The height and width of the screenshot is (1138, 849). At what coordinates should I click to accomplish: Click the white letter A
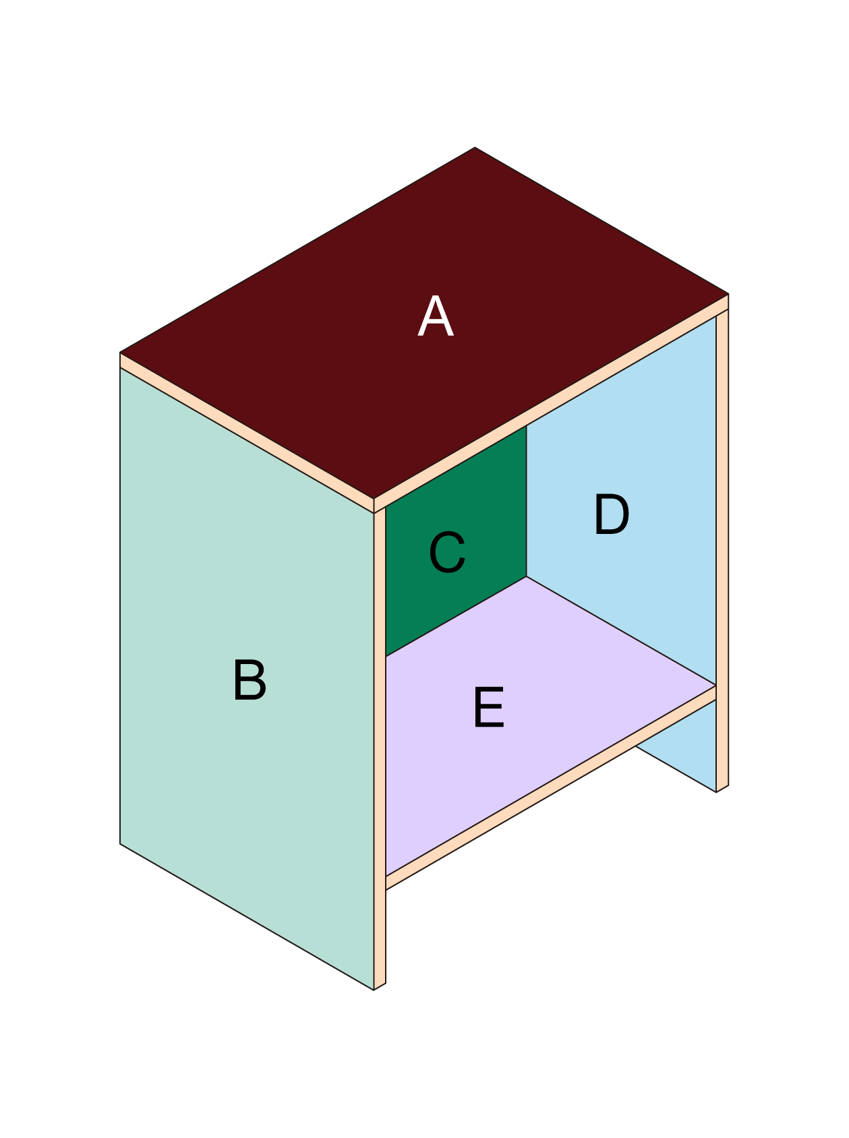(x=435, y=316)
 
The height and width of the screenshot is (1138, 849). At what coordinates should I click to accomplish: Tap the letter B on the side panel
(x=250, y=680)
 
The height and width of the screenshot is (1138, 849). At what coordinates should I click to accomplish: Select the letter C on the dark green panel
(x=447, y=553)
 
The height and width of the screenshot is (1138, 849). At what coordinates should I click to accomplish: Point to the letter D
(x=611, y=514)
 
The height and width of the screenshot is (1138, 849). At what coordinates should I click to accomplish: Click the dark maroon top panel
(x=424, y=323)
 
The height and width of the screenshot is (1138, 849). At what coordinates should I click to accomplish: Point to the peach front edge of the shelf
(x=551, y=787)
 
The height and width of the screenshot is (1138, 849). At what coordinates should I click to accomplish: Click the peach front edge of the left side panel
(x=380, y=749)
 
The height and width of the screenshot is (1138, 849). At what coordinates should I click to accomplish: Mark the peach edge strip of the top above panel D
(x=552, y=403)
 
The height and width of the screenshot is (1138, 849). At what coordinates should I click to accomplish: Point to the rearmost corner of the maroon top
(x=475, y=147)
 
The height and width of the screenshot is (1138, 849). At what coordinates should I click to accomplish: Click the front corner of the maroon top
(x=374, y=499)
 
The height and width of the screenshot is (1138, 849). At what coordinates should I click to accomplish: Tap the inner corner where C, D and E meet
(x=527, y=576)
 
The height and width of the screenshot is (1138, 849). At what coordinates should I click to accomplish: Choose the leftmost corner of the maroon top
(x=120, y=352)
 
